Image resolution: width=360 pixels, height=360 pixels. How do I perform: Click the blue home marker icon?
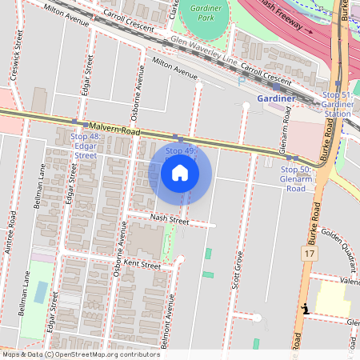coord(180,173)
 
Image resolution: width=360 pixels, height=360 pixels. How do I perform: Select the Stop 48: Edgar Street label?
coord(84,146)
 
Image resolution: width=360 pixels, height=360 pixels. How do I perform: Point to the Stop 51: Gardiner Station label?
coord(337,104)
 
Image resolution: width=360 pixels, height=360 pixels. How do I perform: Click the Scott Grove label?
coord(238,270)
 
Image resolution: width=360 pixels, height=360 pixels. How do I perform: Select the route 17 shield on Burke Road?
coord(310,253)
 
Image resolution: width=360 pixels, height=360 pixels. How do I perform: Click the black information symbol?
coord(304,309)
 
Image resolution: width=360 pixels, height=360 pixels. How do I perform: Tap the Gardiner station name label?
coord(276,98)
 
